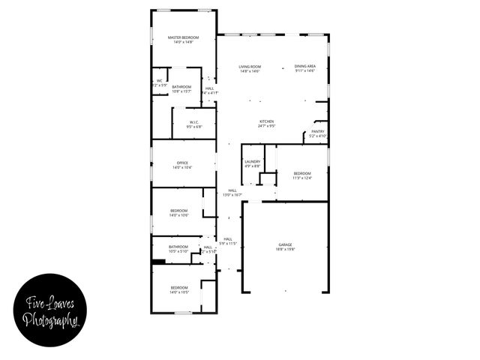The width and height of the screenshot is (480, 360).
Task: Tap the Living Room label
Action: click(249, 67)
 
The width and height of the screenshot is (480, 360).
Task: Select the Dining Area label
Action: click(304, 67)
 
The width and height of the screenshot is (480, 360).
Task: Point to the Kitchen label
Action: click(266, 121)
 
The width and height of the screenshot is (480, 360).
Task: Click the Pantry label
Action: click(318, 131)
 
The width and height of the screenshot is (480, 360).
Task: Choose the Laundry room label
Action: click(252, 161)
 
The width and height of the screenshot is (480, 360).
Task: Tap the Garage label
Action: click(285, 244)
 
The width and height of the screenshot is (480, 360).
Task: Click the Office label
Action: click(181, 163)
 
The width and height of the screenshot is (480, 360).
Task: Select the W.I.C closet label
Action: click(193, 121)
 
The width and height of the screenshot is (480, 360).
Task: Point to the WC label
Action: click(159, 81)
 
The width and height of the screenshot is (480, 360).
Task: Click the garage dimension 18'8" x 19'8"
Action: click(285, 250)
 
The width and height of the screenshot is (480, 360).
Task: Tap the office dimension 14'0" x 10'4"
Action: click(181, 168)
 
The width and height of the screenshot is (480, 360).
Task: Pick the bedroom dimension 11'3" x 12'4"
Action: click(301, 178)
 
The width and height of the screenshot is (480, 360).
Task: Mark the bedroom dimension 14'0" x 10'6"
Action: click(179, 215)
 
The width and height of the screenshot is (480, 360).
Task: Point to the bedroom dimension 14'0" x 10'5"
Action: click(178, 292)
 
